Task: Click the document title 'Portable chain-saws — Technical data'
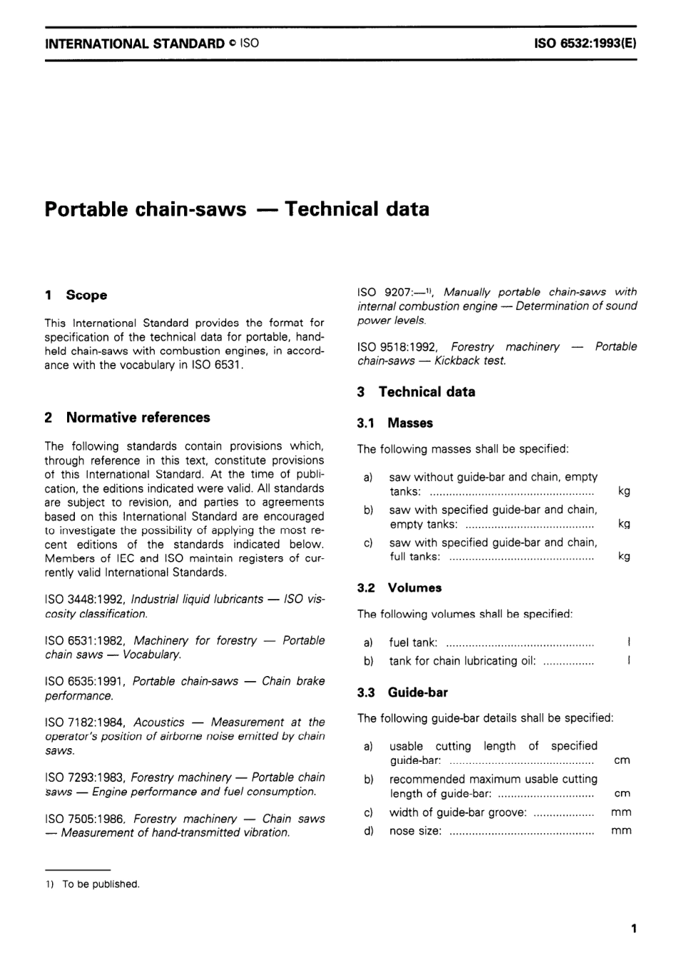(237, 209)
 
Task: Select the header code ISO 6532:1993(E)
(585, 43)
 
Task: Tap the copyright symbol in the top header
(233, 44)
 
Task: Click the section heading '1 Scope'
(76, 295)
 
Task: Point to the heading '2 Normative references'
(127, 418)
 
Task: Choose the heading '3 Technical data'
(416, 392)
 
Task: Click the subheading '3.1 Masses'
(395, 423)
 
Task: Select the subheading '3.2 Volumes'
(399, 588)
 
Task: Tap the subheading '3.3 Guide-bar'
(403, 692)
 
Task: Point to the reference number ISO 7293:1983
(85, 777)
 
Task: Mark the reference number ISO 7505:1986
(85, 819)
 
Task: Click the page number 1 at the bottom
(634, 929)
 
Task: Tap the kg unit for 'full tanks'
(624, 557)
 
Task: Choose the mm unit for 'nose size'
(621, 831)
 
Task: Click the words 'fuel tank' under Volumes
(413, 642)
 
